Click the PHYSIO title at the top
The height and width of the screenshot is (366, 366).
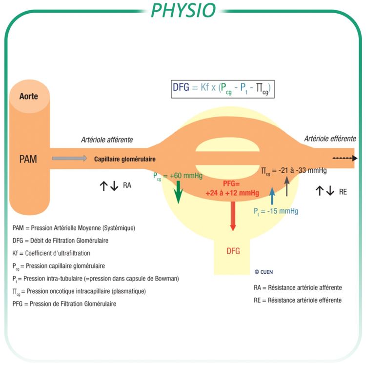(x=183, y=10)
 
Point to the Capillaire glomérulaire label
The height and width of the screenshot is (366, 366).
(x=124, y=159)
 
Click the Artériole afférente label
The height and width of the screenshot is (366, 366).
(x=107, y=140)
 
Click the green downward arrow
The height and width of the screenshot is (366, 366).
(x=178, y=191)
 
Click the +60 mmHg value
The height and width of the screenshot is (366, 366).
(x=188, y=175)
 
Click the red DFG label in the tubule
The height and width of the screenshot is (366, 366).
(x=233, y=251)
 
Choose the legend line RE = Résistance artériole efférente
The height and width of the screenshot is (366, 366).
(x=298, y=300)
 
